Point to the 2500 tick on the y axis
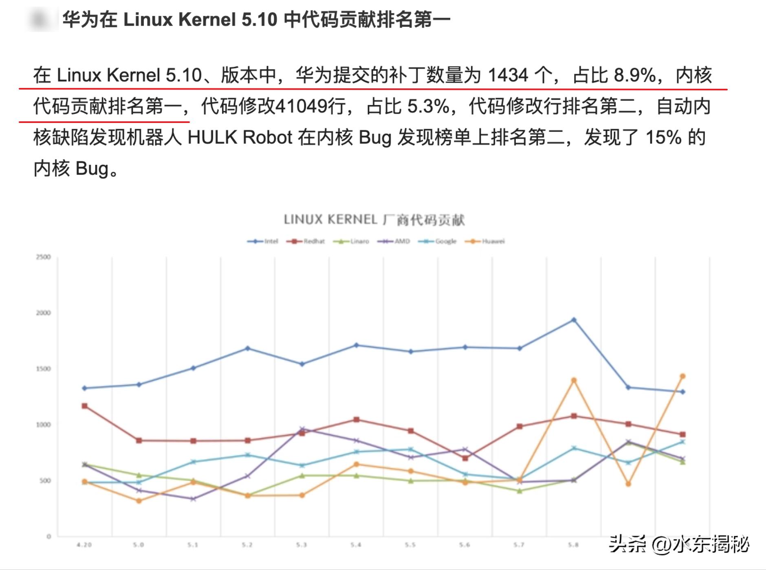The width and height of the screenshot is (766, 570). click(x=43, y=257)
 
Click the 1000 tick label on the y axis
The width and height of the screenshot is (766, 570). click(x=43, y=425)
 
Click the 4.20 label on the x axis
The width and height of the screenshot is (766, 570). click(x=84, y=545)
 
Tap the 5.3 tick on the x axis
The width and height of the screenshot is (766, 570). click(x=302, y=545)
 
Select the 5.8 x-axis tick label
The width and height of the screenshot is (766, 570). click(x=573, y=545)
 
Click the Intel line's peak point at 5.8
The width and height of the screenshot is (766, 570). click(x=574, y=320)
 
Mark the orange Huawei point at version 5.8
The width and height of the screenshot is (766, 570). click(x=574, y=380)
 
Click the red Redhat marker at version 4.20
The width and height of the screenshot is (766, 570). click(x=84, y=406)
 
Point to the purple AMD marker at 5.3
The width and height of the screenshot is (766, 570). click(x=302, y=429)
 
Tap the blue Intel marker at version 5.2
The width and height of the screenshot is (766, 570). click(x=247, y=349)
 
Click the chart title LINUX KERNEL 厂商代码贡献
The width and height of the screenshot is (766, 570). click(x=374, y=220)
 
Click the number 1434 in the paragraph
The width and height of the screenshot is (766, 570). click(x=508, y=75)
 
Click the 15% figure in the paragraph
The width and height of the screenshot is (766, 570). click(x=663, y=138)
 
